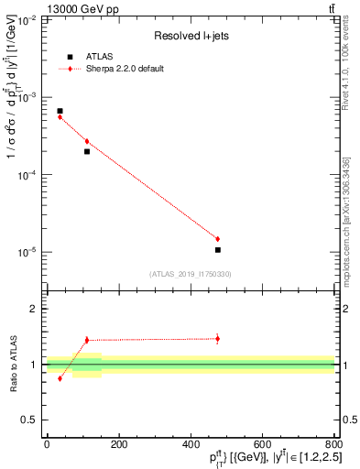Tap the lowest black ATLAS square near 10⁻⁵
[x=217, y=249]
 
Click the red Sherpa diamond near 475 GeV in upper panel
[x=217, y=238]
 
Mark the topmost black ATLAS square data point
[x=60, y=111]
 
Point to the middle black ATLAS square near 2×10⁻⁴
[x=87, y=151]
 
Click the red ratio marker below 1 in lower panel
[x=60, y=378]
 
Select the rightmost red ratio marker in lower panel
[x=217, y=338]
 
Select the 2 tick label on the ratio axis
[x=33, y=309]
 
